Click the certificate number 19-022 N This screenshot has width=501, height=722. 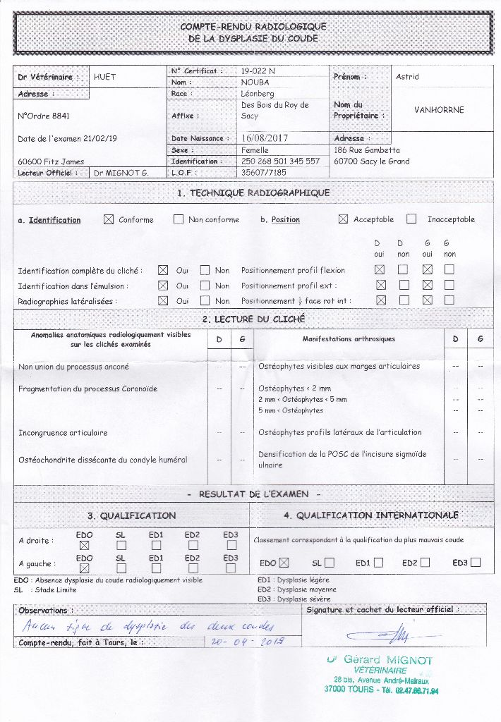258,71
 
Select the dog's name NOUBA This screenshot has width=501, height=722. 255,82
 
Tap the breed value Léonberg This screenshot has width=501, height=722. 258,93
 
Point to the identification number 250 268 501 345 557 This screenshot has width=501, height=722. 280,161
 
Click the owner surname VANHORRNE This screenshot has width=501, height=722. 439,110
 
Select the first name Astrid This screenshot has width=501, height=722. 407,77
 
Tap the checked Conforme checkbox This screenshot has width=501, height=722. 109,219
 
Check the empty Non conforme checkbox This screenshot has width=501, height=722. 179,219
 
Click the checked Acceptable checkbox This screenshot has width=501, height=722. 343,219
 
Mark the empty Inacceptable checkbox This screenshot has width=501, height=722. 411,219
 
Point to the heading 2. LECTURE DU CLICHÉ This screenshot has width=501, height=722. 253,319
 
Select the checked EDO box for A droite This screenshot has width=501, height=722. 85,545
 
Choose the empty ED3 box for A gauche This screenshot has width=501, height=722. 230,568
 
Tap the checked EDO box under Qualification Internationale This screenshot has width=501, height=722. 284,563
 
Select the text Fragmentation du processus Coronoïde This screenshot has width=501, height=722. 88,388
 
